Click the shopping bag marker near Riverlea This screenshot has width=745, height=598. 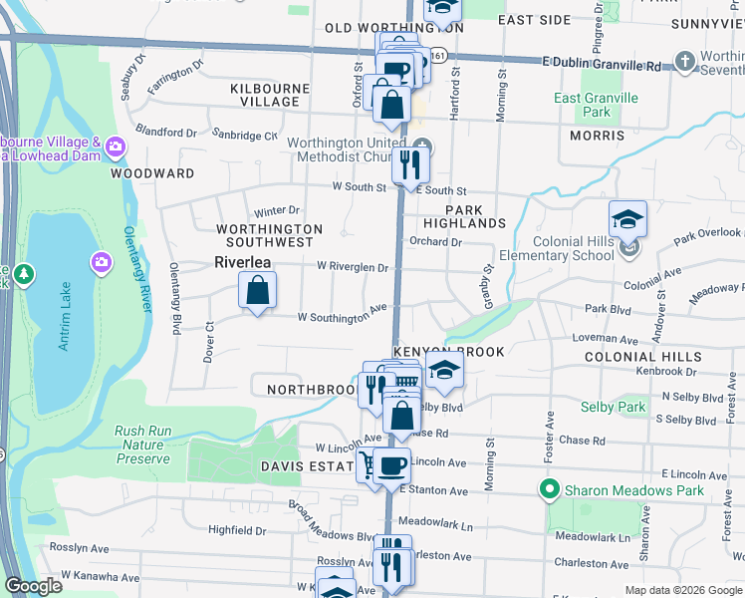point(257,292)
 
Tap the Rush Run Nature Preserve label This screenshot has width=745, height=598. point(142,445)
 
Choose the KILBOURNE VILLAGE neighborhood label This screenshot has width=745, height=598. point(264,95)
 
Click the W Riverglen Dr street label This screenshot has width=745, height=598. point(353,267)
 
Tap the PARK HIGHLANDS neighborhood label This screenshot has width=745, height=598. point(465,216)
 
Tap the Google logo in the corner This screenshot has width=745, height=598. point(33,587)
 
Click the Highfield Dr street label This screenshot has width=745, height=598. point(237,530)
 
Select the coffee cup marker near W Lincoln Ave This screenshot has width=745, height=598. point(391,464)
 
